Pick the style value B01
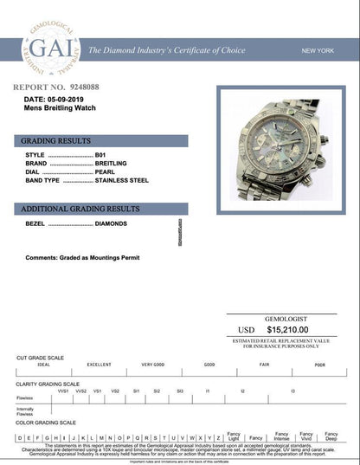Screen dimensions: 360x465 coord(100,155)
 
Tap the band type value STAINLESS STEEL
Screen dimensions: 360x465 coord(122,180)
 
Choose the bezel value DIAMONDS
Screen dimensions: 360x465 coord(111,223)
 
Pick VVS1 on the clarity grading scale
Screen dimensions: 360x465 coord(63,391)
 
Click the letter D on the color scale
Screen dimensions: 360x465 coord(20,438)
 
